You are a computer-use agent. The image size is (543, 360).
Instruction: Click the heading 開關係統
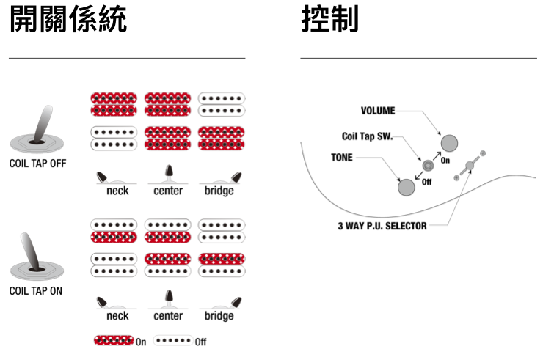coord(68,21)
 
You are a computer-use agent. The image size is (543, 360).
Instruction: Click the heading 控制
coord(330,21)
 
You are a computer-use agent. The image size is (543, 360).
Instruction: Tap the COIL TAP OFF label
coord(37,164)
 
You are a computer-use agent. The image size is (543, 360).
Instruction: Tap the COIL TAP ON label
coord(36,290)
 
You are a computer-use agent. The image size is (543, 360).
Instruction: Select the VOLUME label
coord(378,111)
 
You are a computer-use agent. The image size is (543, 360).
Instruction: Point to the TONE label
coord(342,157)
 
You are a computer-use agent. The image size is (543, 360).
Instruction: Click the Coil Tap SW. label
coord(368,136)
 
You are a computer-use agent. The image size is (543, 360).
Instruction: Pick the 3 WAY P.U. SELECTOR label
coord(382,226)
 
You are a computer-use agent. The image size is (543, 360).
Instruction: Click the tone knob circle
coord(407,186)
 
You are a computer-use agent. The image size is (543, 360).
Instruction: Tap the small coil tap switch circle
coord(428,164)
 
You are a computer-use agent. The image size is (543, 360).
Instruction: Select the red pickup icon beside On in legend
coord(113,341)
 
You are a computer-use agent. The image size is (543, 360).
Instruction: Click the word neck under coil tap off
coord(117,191)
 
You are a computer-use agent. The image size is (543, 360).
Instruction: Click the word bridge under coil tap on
coord(219,316)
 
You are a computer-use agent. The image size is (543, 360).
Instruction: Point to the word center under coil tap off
coord(168,191)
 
